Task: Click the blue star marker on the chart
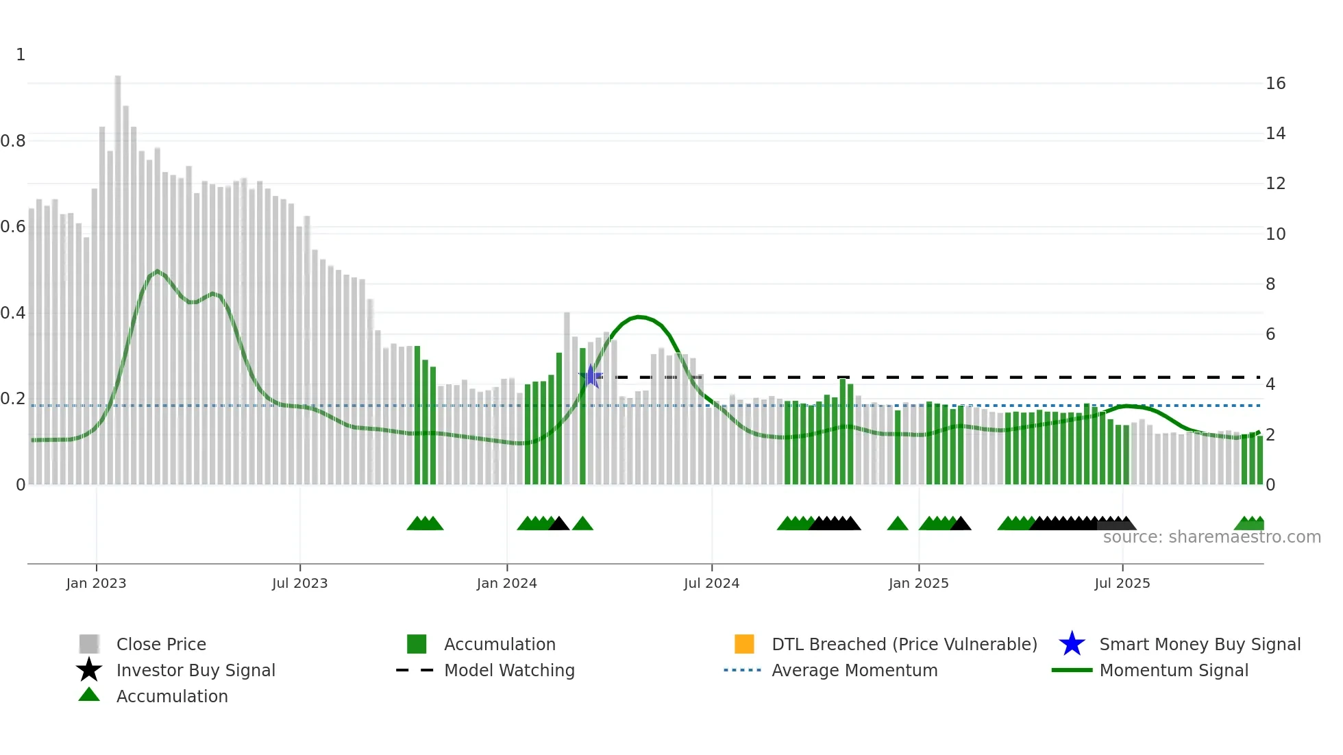591,376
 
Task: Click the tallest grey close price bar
118,274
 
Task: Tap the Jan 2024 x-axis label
506,583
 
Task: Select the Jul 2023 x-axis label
299,583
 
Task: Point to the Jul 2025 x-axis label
1122,583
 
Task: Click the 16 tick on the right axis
1275,84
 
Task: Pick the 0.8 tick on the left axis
13,141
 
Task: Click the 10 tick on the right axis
1275,234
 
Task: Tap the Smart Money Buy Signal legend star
1072,644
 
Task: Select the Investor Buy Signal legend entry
195,670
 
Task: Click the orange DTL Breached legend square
744,644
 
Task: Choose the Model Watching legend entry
508,670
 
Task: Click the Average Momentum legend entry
854,670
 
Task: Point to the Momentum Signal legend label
1173,670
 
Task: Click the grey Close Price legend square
89,644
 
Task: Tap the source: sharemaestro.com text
1211,537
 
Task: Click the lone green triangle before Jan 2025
897,524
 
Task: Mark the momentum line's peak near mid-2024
639,317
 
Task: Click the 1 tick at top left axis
21,55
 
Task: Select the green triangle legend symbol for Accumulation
89,695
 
